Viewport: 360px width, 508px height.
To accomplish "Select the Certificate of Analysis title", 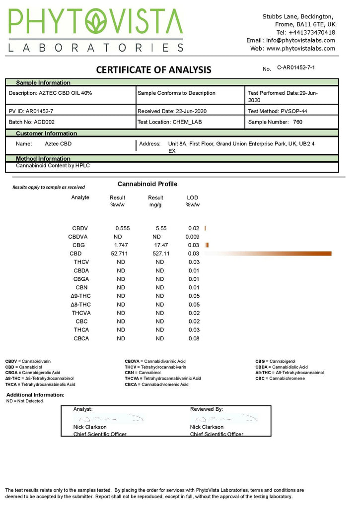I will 153,70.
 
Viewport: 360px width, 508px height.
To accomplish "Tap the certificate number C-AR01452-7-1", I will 296,67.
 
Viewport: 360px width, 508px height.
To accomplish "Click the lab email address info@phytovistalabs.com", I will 307,40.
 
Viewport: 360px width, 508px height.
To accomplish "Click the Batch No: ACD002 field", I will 30,122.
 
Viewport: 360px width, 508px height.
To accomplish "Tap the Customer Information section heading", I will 46,133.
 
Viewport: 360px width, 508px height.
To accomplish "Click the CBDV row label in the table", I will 79,228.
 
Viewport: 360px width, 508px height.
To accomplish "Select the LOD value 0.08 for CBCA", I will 193,338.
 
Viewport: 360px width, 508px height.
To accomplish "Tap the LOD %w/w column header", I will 192,201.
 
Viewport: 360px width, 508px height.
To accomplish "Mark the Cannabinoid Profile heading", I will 147,184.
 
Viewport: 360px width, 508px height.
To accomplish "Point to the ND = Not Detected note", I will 24,401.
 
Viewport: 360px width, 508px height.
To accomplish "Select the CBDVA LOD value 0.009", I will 192,237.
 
